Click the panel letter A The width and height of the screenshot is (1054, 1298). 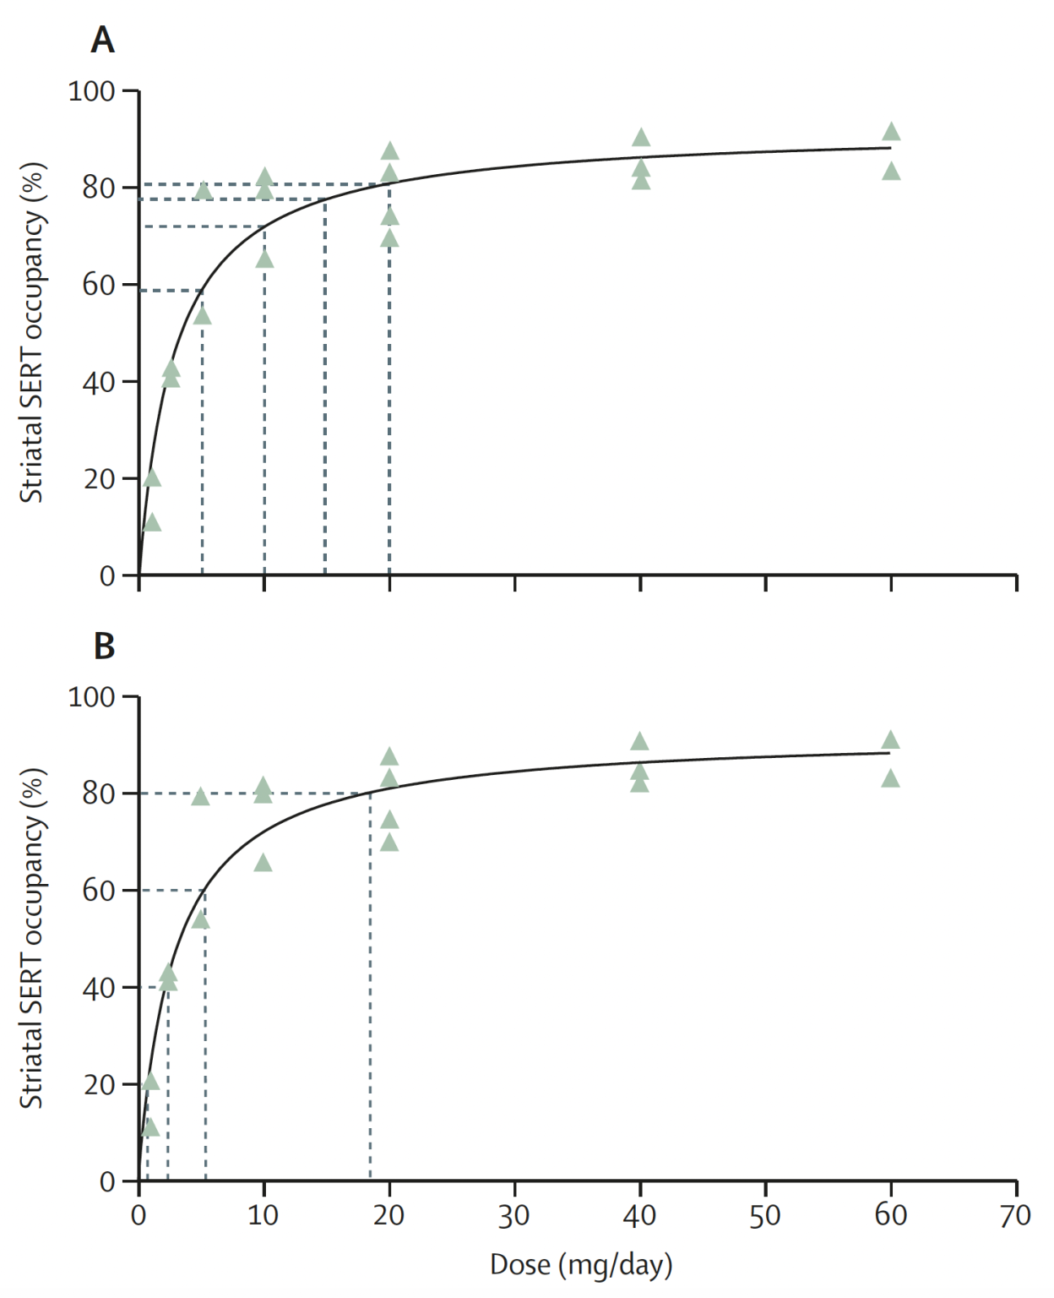pyautogui.click(x=102, y=40)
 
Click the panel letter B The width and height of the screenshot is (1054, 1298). pyautogui.click(x=104, y=646)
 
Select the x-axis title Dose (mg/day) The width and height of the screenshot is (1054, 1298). pyautogui.click(x=581, y=1264)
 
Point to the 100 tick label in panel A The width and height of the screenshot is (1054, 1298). pyautogui.click(x=91, y=90)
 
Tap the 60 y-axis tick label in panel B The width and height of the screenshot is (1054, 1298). pyautogui.click(x=99, y=891)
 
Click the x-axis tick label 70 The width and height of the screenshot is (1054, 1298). pyautogui.click(x=1015, y=1215)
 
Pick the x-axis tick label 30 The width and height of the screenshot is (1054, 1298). pyautogui.click(x=513, y=1215)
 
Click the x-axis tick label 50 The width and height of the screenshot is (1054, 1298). pyautogui.click(x=765, y=1215)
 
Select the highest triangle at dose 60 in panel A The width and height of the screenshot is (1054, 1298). pyautogui.click(x=891, y=132)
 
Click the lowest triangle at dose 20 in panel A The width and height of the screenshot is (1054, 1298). pyautogui.click(x=389, y=238)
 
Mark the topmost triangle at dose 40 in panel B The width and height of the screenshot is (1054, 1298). pyautogui.click(x=639, y=742)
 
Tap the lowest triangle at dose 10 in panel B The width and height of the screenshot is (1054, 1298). pyautogui.click(x=263, y=863)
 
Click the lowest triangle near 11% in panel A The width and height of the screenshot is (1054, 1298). pyautogui.click(x=152, y=523)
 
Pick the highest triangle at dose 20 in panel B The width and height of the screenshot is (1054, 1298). pyautogui.click(x=389, y=756)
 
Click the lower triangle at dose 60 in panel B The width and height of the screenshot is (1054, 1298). pyautogui.click(x=891, y=778)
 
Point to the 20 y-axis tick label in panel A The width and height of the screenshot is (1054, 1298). pyautogui.click(x=99, y=478)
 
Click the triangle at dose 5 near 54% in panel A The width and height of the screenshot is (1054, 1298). pyautogui.click(x=202, y=316)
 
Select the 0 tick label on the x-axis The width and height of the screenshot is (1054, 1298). pyautogui.click(x=139, y=1215)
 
